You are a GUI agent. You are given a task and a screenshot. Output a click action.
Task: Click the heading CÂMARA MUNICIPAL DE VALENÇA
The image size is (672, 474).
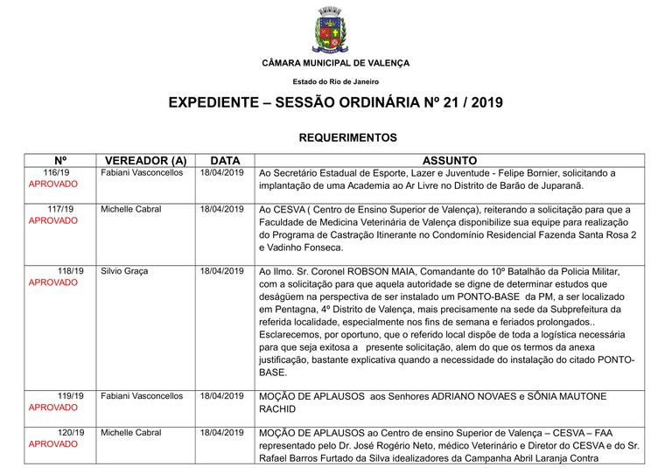coord(335,63)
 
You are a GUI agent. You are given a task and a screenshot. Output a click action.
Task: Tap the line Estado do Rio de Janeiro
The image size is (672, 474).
coord(336,81)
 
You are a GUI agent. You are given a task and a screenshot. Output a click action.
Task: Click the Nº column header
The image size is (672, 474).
coord(60,161)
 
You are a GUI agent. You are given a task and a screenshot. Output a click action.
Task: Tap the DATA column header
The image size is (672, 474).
coord(225,161)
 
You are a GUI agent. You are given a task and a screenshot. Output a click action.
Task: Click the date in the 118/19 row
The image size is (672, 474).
coord(222,271)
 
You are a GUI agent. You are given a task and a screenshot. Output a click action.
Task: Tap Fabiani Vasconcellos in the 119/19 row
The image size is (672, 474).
coord(142,395)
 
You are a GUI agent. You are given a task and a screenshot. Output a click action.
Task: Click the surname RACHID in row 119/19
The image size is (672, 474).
coord(283,408)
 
